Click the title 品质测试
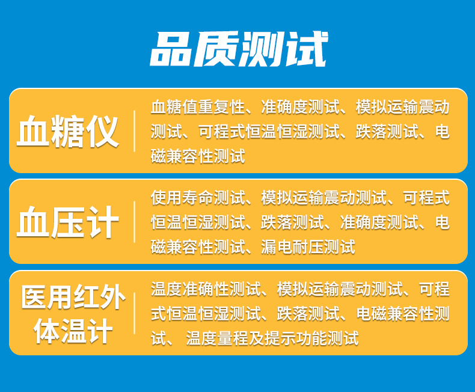coord(239,49)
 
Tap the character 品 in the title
coord(172,49)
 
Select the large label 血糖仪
coord(67,131)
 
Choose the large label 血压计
coord(67,222)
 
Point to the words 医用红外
coord(73,296)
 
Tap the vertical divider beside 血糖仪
coord(134,131)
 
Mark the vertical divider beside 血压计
coord(134,222)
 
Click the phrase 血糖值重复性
coord(198,107)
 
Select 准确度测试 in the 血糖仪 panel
coord(300,107)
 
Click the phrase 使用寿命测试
coord(198,198)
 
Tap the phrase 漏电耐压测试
coord(308,247)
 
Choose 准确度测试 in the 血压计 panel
coord(379,222)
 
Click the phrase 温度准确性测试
coord(206,289)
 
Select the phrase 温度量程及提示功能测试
coord(272,338)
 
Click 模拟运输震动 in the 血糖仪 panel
coord(403,107)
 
